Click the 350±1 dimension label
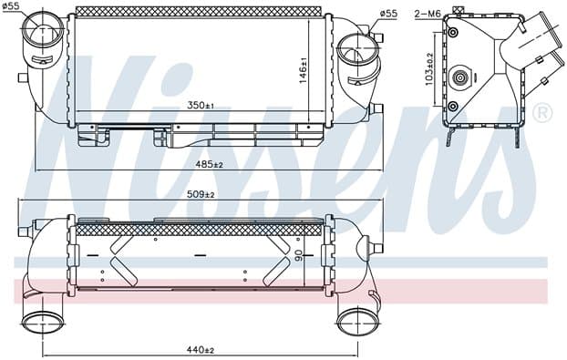[201, 106]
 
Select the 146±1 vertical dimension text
[303, 70]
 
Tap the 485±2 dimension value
[210, 164]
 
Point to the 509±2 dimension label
[201, 194]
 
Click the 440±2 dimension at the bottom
[201, 350]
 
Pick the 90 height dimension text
[300, 256]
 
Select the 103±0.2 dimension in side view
[429, 69]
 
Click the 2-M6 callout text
[428, 14]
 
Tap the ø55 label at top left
[11, 5]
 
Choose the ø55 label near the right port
[388, 14]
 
